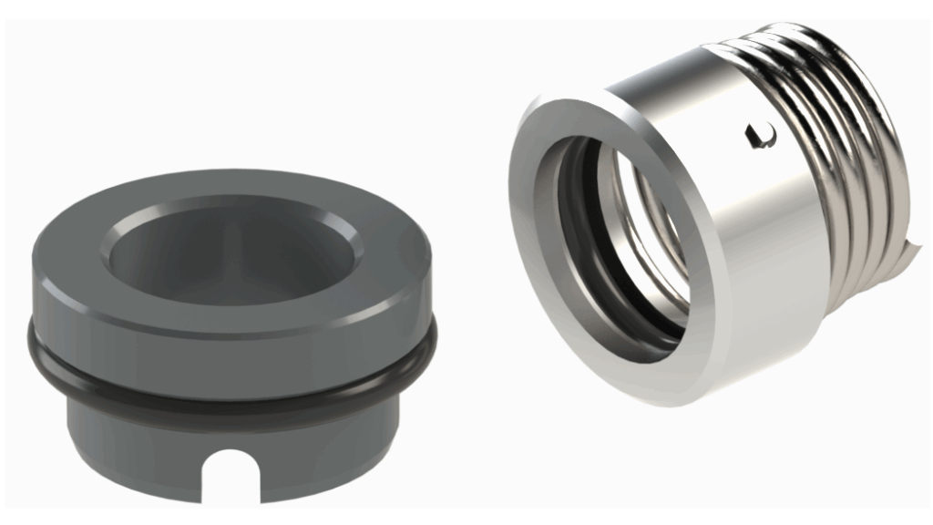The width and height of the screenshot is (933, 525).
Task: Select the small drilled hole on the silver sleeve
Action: pyautogui.click(x=755, y=136)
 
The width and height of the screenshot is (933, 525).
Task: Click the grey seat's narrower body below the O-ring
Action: pyautogui.click(x=137, y=437)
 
